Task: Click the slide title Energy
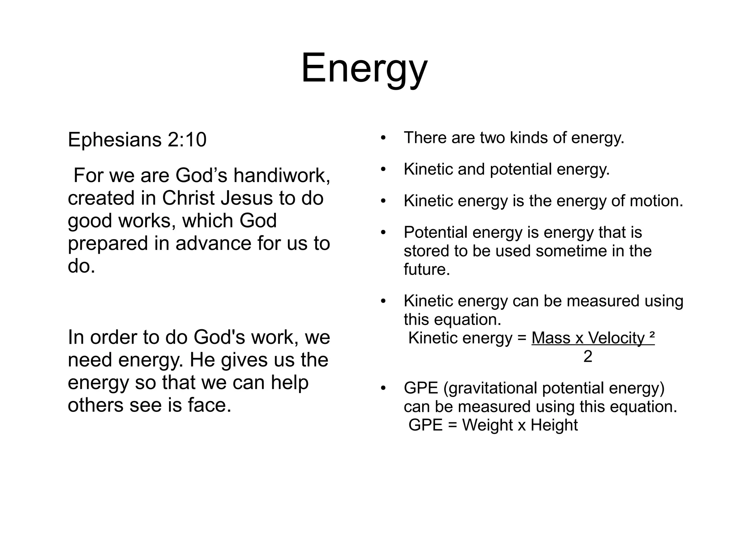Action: coord(364,68)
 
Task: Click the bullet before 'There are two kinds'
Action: coord(383,138)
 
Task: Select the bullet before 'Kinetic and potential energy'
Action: coord(383,170)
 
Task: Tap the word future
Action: coord(426,269)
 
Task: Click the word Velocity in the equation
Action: coord(616,338)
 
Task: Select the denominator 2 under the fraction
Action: coord(588,357)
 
